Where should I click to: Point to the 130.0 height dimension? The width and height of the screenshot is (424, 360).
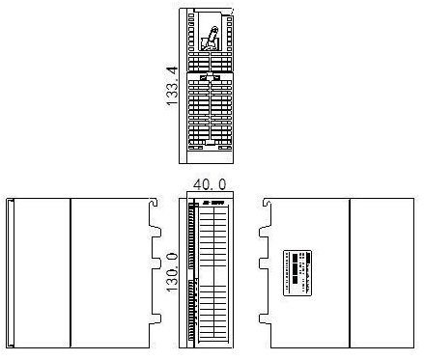click(172, 273)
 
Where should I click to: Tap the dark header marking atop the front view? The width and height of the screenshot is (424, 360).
click(213, 202)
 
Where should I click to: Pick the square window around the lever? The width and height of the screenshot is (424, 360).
click(211, 38)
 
